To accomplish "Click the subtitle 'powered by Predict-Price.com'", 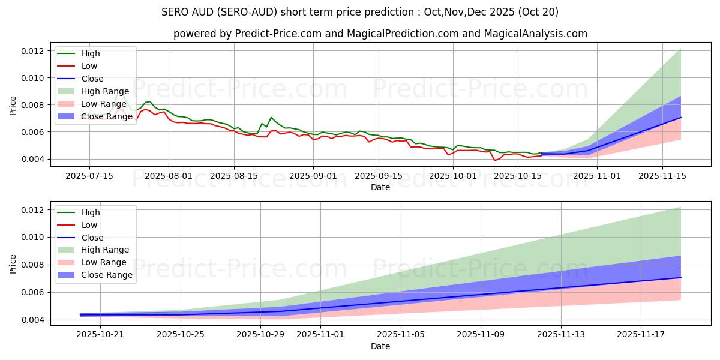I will [380, 34].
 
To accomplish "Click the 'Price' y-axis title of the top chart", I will [13, 106].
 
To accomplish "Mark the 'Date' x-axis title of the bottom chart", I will [380, 346].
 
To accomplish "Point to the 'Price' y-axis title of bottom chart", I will [13, 264].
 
